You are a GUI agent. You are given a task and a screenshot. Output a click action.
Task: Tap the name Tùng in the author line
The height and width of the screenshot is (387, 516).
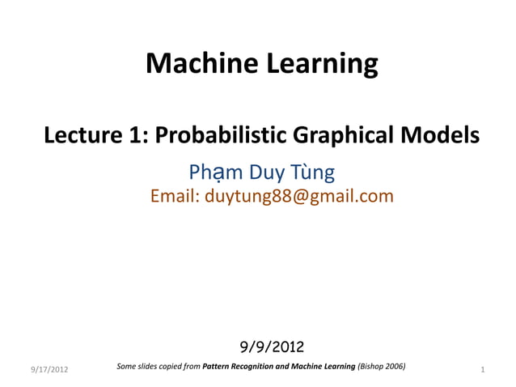[x=311, y=172]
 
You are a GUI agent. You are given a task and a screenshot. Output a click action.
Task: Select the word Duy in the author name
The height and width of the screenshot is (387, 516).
[x=267, y=173]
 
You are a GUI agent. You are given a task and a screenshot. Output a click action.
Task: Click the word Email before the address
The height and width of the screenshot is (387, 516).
[x=174, y=196]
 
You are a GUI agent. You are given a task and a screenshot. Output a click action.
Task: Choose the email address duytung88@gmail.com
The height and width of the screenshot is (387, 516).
[x=298, y=196]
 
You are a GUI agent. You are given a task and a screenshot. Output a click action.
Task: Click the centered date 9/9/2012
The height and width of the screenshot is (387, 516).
[x=272, y=347]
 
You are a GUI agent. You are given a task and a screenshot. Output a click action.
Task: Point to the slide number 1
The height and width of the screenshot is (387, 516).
[x=482, y=370]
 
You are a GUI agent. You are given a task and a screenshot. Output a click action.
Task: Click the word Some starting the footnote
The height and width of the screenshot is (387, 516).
[x=127, y=367]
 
